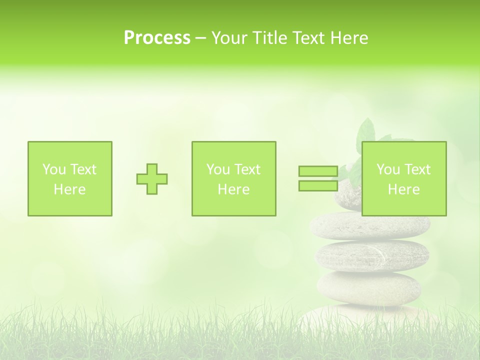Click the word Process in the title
point(157,38)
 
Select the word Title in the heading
point(270,38)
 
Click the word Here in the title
point(349,38)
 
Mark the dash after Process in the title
point(201,38)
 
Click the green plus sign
point(152,179)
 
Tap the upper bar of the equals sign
point(318,171)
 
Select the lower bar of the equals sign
point(318,185)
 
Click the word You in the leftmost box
point(54,169)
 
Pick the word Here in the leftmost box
point(69,189)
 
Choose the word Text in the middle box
point(247,169)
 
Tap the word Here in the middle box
point(233,189)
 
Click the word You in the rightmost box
point(388,169)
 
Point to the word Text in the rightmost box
point(417,169)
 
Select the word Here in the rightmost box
point(403,189)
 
